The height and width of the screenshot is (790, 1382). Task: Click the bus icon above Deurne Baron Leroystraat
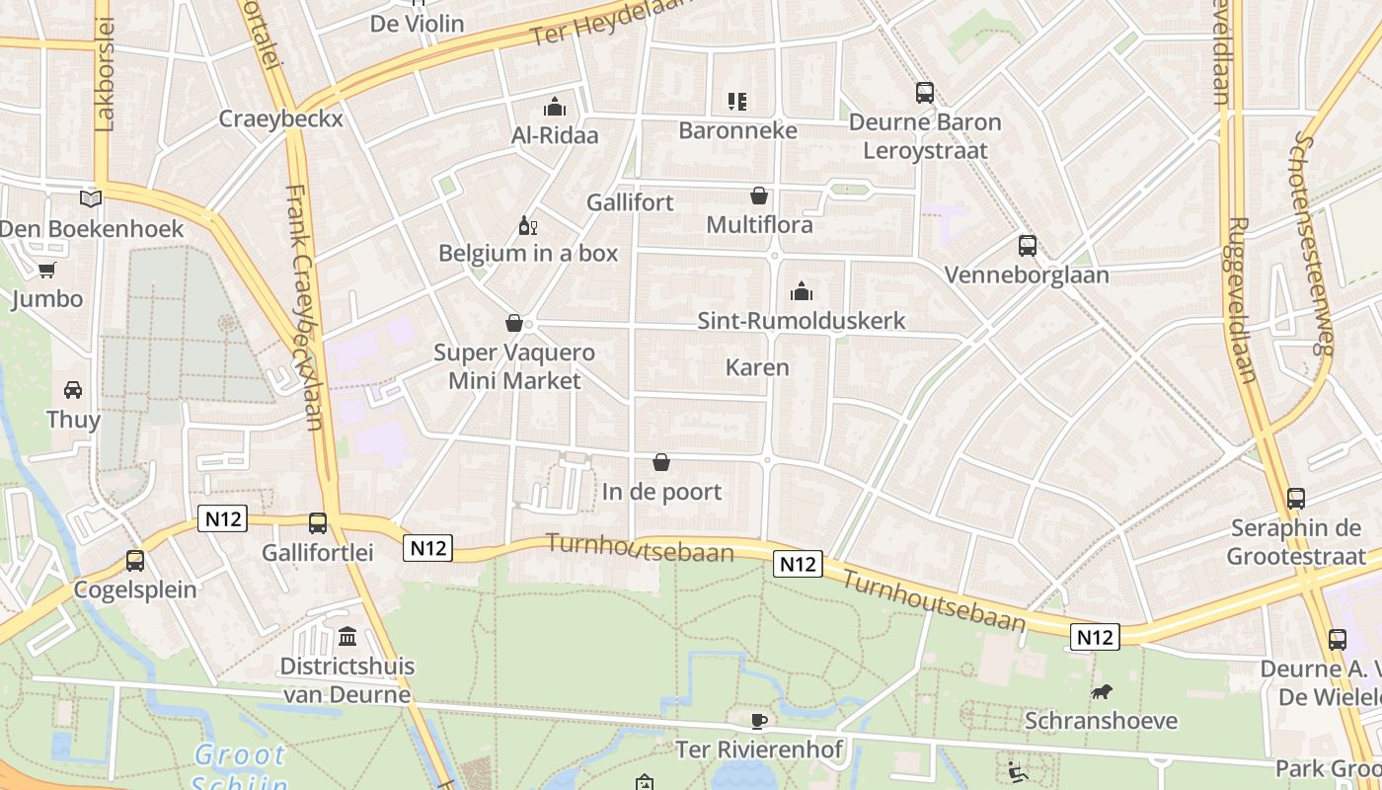(924, 93)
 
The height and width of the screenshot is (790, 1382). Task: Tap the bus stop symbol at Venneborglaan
(1028, 246)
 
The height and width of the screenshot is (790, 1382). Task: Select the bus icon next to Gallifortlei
(317, 523)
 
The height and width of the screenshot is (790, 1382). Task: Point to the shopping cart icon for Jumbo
(46, 270)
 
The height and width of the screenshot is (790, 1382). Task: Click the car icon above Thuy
(73, 390)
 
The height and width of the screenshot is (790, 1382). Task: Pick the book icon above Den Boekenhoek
(91, 199)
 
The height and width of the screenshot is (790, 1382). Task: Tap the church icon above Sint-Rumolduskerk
(801, 291)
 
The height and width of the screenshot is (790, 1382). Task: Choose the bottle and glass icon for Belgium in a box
(527, 226)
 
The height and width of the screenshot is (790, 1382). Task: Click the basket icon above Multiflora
(759, 196)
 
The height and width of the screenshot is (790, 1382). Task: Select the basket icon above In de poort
(661, 462)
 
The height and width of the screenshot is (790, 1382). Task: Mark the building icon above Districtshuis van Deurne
(346, 637)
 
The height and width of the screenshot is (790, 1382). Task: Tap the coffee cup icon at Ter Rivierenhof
(758, 721)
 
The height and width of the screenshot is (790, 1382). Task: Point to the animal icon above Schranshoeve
(1101, 691)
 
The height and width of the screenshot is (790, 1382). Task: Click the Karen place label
(757, 367)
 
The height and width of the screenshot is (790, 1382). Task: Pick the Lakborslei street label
(106, 74)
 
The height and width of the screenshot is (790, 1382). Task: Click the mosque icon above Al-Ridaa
(555, 106)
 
